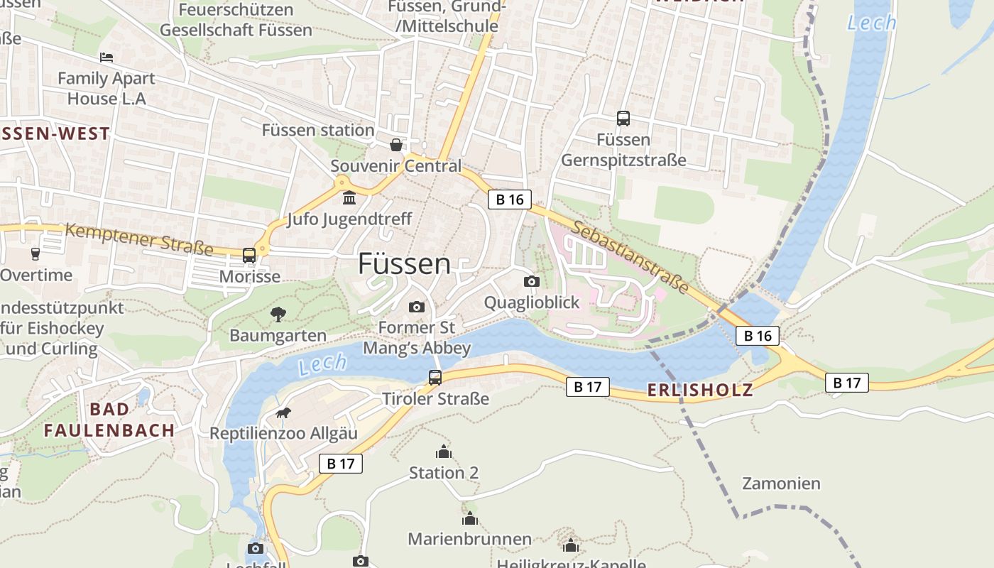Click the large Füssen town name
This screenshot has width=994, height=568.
(x=404, y=264)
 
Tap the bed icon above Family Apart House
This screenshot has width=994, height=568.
(x=106, y=57)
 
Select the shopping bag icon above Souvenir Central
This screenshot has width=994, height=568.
(x=395, y=146)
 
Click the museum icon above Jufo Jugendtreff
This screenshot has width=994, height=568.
(x=349, y=197)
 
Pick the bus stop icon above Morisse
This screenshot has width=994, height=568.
(x=249, y=255)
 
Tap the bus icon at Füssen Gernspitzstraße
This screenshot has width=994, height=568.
(x=623, y=119)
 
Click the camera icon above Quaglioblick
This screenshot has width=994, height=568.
(x=531, y=282)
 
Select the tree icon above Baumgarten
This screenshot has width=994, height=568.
(x=278, y=313)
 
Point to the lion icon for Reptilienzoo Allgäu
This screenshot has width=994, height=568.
(x=283, y=413)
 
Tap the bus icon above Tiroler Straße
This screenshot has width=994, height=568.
(x=435, y=378)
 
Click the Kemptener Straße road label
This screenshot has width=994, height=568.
(x=139, y=239)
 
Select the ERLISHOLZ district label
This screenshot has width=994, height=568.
(x=699, y=390)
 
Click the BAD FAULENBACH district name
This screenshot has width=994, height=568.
(x=109, y=420)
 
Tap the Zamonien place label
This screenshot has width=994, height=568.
(x=781, y=484)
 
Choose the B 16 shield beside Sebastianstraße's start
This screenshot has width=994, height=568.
(x=509, y=200)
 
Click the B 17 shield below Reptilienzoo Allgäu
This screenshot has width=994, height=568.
(x=340, y=464)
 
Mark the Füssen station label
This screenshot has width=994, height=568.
(x=318, y=131)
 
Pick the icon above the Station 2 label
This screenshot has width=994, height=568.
(x=444, y=452)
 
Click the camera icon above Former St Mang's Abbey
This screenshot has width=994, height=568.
(x=417, y=307)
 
